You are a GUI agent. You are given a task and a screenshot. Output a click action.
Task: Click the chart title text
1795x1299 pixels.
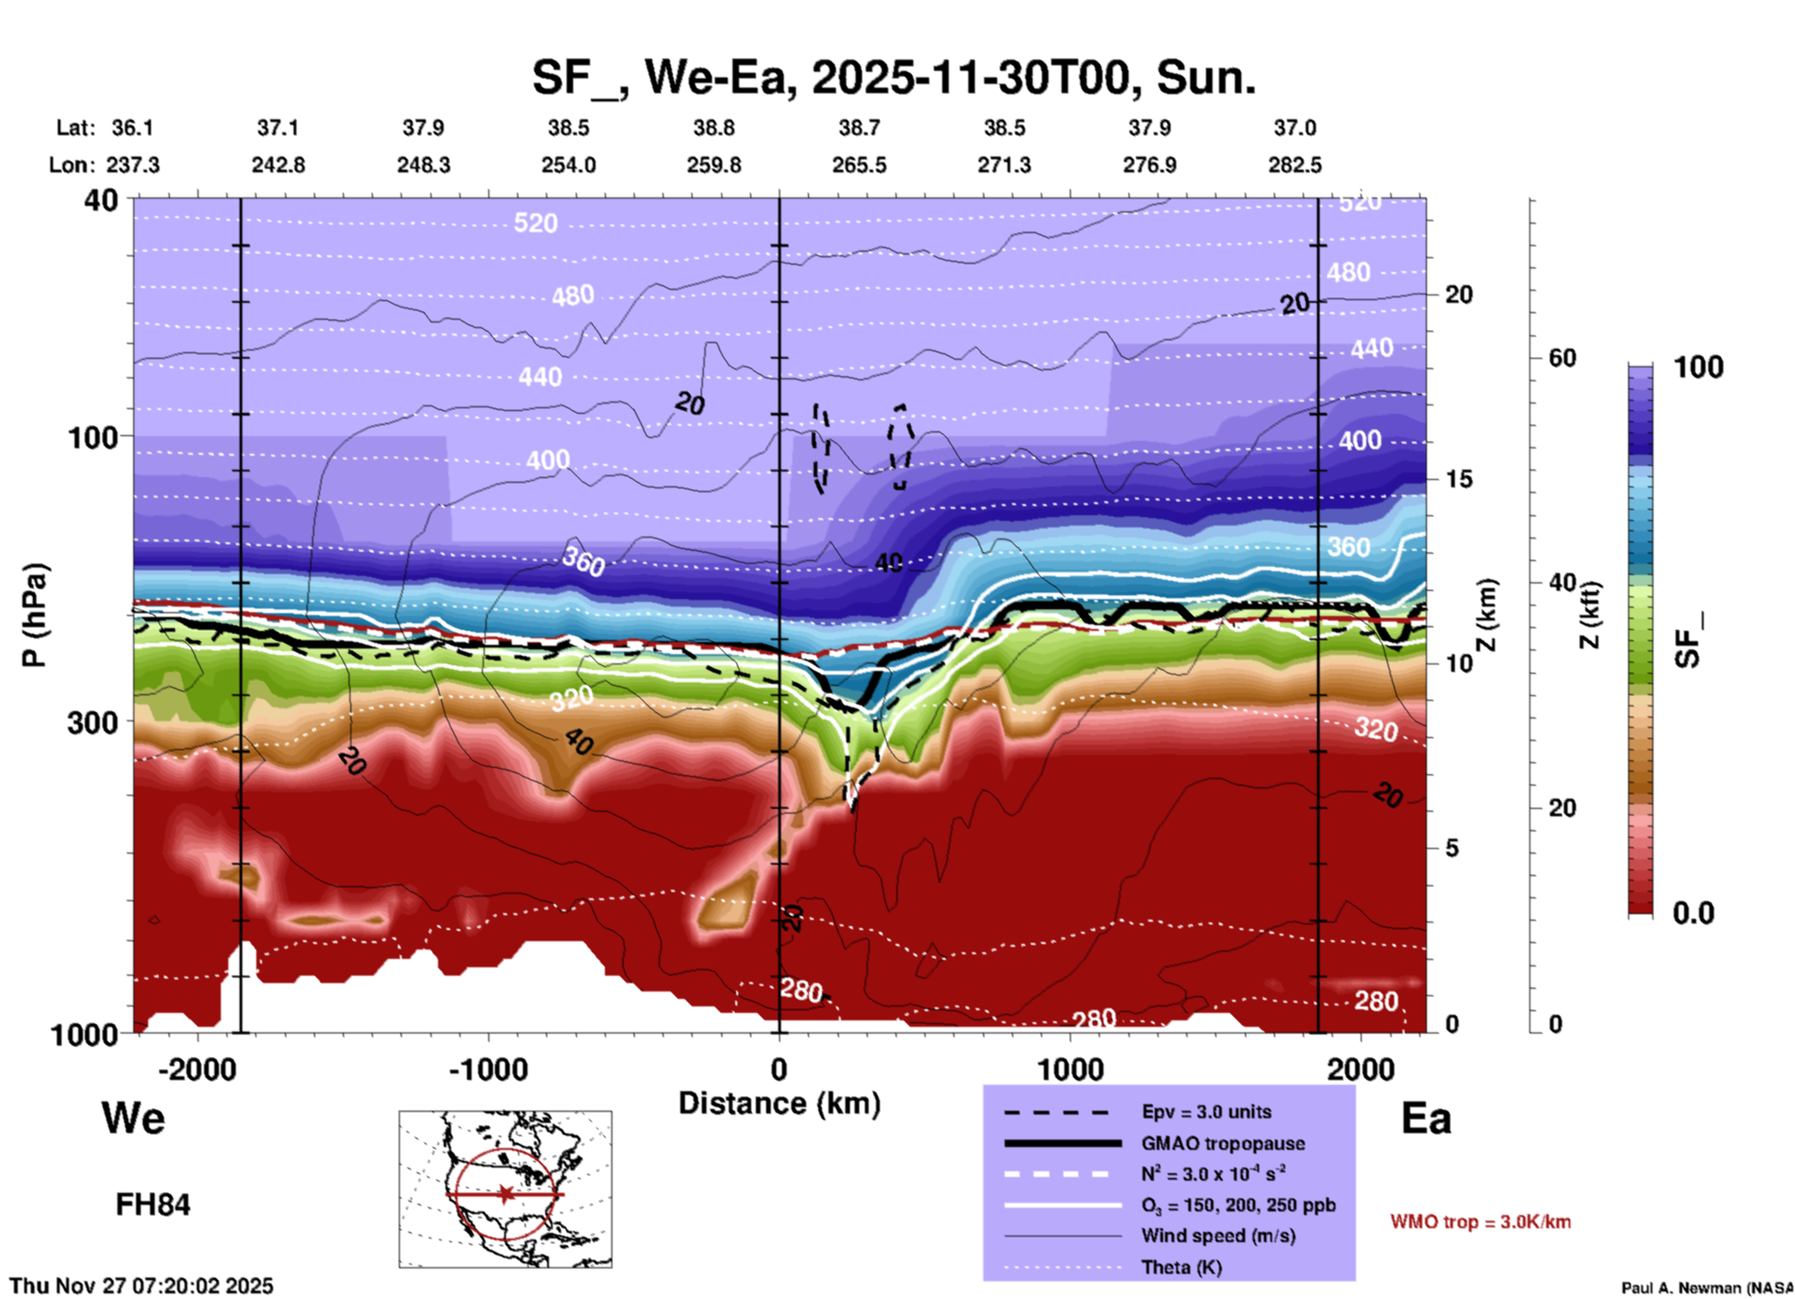tap(894, 77)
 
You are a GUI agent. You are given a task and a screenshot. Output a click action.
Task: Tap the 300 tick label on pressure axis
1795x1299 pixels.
tap(93, 722)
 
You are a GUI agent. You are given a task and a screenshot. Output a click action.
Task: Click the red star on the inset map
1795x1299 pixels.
tap(505, 1194)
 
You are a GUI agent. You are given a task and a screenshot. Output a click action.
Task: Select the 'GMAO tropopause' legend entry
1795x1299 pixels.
tap(1222, 1143)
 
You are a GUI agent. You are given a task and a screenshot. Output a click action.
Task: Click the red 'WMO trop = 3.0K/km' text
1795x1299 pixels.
tap(1480, 1222)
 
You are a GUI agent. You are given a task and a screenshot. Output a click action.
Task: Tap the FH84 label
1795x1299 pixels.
tap(153, 1205)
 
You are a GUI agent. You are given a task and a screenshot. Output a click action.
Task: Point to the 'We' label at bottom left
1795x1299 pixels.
tap(133, 1118)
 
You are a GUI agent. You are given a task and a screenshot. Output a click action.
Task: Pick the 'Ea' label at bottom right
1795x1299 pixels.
tap(1426, 1118)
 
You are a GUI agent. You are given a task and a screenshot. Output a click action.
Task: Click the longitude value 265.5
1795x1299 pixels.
tap(859, 165)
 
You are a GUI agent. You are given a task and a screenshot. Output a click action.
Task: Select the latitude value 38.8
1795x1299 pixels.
tap(714, 128)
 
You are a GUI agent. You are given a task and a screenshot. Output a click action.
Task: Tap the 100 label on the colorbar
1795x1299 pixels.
tap(1698, 367)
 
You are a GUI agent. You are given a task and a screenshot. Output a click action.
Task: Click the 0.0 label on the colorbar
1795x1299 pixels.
tap(1692, 912)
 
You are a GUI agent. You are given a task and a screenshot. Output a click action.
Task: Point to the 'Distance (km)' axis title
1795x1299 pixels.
tap(779, 1103)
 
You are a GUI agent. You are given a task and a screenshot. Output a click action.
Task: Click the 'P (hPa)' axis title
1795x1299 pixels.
tap(34, 615)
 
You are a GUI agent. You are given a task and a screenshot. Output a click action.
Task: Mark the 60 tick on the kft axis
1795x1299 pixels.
tap(1562, 358)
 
